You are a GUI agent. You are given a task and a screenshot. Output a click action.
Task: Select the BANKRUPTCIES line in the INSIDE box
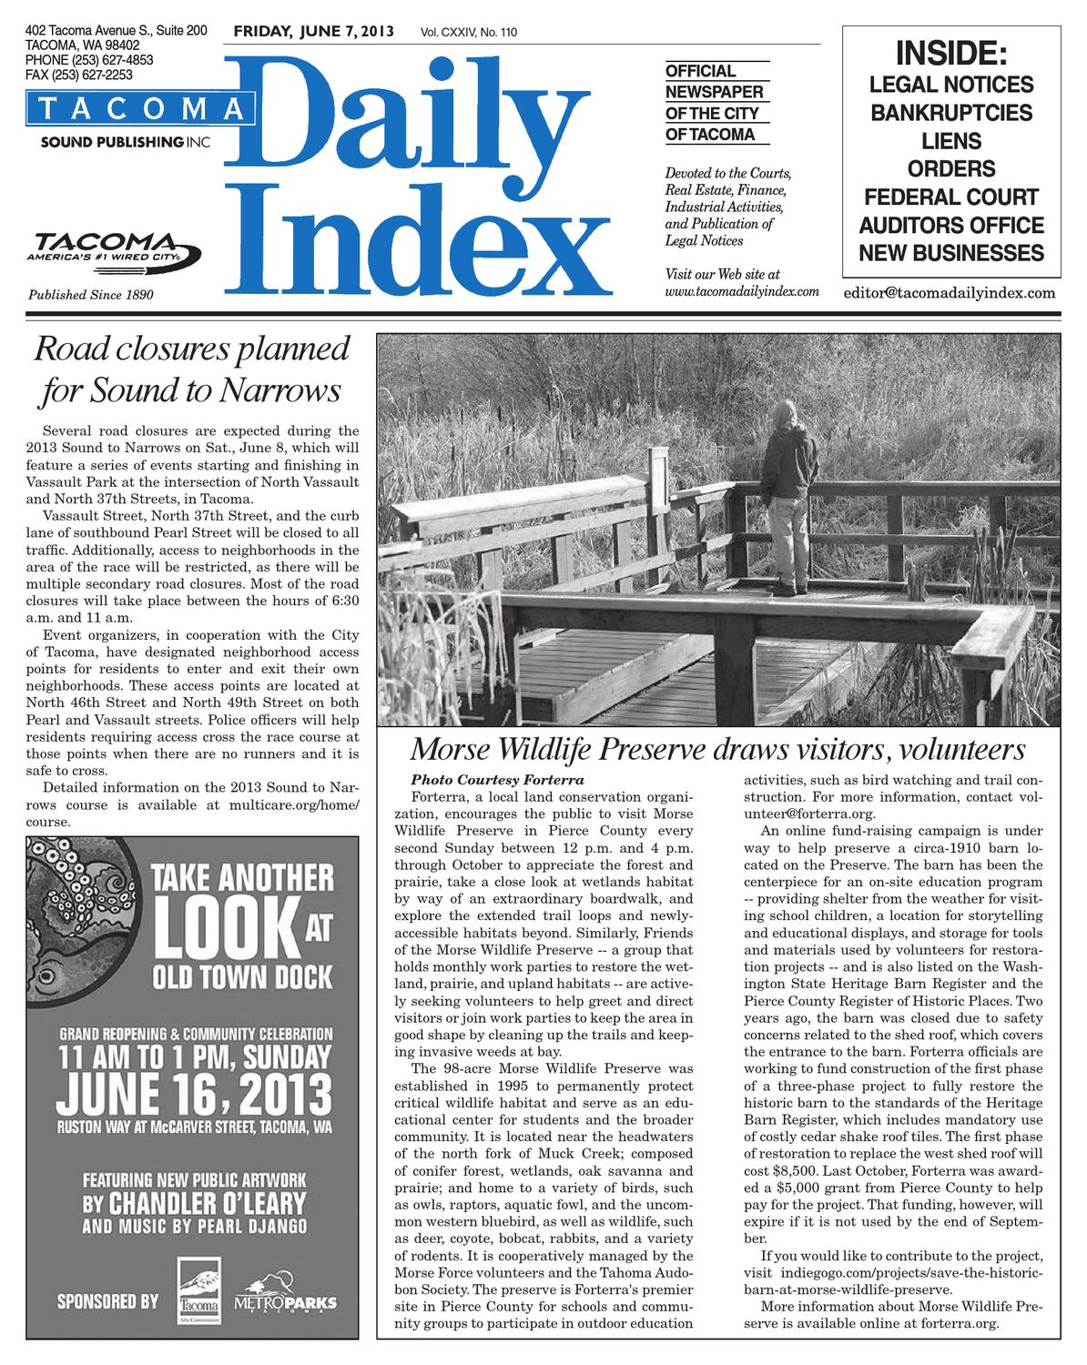(x=951, y=113)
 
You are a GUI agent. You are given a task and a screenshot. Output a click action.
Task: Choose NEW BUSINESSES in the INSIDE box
(x=951, y=253)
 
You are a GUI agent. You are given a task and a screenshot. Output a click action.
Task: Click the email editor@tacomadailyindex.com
(x=950, y=293)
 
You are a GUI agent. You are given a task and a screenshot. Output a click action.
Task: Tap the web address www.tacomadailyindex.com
(x=742, y=292)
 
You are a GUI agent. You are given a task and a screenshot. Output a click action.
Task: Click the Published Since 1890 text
(x=91, y=295)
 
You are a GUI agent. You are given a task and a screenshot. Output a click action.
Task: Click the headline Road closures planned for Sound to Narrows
(x=192, y=369)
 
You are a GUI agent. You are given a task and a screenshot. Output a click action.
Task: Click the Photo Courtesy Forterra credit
(x=496, y=780)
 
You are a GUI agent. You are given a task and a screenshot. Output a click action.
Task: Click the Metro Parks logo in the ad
(x=284, y=1301)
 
